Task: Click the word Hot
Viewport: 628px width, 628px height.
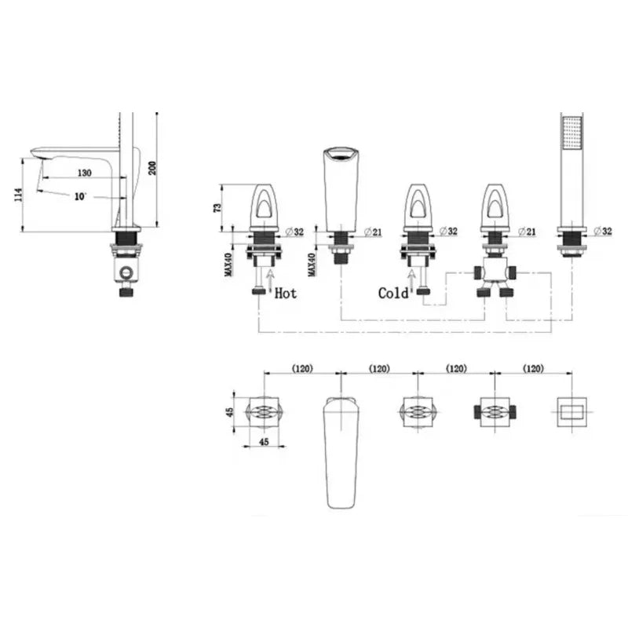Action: click(x=286, y=294)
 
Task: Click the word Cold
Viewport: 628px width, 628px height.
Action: click(x=393, y=294)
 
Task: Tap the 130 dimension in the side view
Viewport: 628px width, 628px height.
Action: click(x=85, y=173)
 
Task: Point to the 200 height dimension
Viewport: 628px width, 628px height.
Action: click(x=152, y=168)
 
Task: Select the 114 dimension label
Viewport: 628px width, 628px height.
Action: click(x=18, y=195)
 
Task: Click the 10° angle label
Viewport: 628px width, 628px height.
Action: click(x=81, y=197)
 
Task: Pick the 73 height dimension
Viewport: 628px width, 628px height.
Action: click(x=217, y=208)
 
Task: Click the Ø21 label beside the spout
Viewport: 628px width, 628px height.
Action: click(x=374, y=232)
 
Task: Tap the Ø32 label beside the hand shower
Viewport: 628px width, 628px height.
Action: click(x=603, y=231)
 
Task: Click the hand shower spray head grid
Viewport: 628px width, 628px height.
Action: click(x=572, y=133)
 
